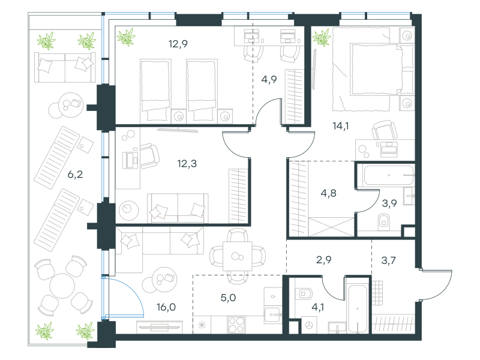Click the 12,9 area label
click(x=178, y=44)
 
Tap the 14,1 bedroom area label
click(x=341, y=126)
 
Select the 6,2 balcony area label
click(x=75, y=175)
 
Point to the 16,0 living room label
click(x=166, y=307)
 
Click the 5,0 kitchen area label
click(x=228, y=298)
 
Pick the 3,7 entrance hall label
click(x=388, y=260)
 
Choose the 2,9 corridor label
click(x=323, y=260)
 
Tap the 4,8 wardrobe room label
click(x=328, y=193)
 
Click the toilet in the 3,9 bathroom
click(x=384, y=222)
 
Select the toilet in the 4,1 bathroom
click(x=304, y=293)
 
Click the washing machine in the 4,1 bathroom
click(x=310, y=325)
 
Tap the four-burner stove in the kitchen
click(x=236, y=325)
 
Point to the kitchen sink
click(x=273, y=314)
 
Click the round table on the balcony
click(x=62, y=286)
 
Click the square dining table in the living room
click(x=238, y=256)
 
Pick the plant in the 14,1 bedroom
click(x=322, y=37)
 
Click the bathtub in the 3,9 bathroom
click(x=389, y=175)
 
